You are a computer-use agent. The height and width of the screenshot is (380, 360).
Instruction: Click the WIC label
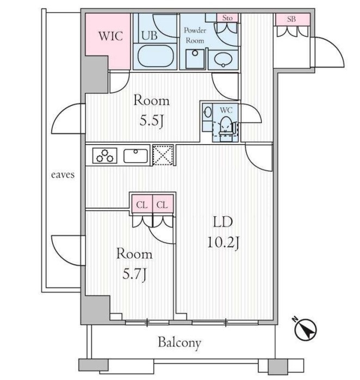[x=110, y=36]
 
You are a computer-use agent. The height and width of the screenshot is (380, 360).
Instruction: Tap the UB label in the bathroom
[x=150, y=35]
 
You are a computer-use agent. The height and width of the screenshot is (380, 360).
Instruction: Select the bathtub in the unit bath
[x=156, y=56]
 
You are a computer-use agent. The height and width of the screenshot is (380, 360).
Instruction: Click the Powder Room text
[x=195, y=35]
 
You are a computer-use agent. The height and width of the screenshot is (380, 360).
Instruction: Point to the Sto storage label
[x=227, y=18]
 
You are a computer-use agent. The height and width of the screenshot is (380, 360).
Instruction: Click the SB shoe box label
[x=291, y=19]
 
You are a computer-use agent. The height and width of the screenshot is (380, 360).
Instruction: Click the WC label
[x=226, y=110]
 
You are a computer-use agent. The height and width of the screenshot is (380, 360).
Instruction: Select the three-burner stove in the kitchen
[x=105, y=156]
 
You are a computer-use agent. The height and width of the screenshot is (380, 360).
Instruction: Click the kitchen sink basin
[x=135, y=156]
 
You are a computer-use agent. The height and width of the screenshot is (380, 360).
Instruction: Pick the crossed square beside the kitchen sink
[x=163, y=155]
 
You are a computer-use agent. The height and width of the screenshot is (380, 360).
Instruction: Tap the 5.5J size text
[x=151, y=121]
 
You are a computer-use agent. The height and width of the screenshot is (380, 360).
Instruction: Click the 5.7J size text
[x=134, y=275]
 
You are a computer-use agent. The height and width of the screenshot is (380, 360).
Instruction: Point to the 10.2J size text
[x=224, y=242]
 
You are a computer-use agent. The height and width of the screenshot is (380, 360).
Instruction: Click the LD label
[x=223, y=222]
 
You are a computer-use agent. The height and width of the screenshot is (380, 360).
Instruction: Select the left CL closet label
[x=141, y=205]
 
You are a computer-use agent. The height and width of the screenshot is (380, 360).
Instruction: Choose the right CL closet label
[x=162, y=205]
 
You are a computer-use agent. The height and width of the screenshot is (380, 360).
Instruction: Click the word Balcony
[x=179, y=342]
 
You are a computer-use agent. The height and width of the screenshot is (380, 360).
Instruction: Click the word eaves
[x=63, y=175]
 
